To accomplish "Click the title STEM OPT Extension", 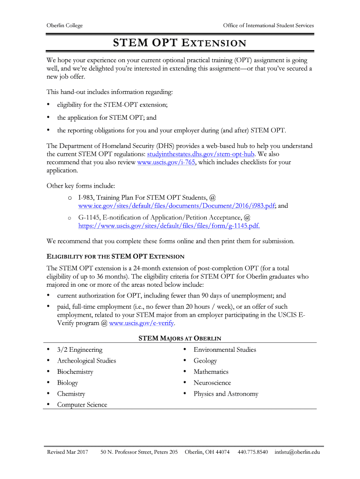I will [180, 44].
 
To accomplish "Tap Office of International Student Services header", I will [268, 25].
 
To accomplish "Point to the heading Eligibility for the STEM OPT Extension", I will [115, 256].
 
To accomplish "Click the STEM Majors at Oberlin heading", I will [180, 338].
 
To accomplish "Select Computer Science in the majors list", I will [82, 405].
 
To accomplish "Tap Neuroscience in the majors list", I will [212, 383].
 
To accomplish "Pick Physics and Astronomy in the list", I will [226, 394].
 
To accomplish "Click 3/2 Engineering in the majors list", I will [79, 350].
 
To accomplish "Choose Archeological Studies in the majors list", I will [86, 361].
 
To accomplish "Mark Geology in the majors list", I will [205, 361].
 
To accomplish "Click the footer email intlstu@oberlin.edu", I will [297, 452].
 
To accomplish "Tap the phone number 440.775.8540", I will [252, 452].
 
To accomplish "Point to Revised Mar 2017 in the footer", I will [67, 452].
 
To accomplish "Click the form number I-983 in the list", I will [86, 197].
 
